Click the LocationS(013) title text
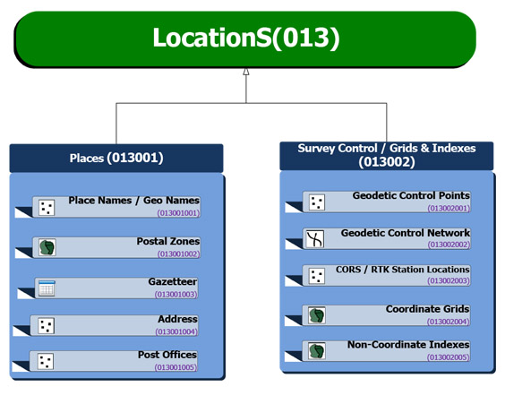246,38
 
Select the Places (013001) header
116,159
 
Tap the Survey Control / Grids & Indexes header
387,155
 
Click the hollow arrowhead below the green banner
246,72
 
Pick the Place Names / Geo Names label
134,201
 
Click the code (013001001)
178,213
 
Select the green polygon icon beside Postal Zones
47,247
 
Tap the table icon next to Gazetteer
47,288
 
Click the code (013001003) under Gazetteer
175,295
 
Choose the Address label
177,319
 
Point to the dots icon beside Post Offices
46,362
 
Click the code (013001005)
175,367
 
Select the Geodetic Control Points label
411,195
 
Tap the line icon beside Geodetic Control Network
314,239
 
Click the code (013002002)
449,245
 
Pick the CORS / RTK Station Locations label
403,270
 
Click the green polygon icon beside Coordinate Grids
317,315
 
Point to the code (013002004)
448,322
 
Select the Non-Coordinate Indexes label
408,345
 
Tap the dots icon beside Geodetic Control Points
317,202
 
